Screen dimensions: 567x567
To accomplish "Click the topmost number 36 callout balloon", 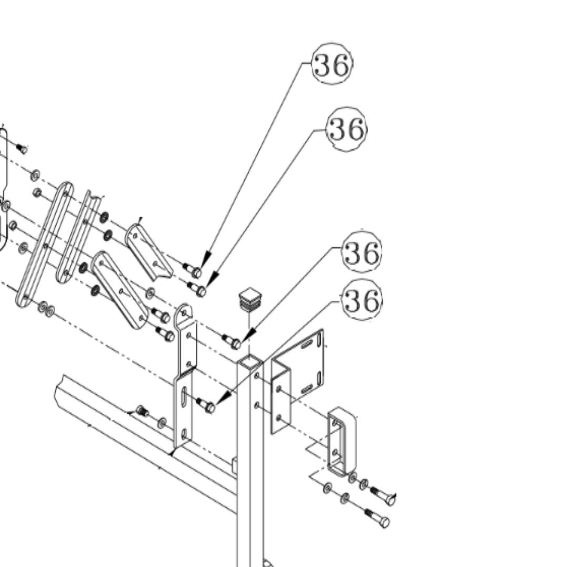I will pyautogui.click(x=332, y=65).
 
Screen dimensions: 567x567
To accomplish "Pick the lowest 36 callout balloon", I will pyautogui.click(x=362, y=301).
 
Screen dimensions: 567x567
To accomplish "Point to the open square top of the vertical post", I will pyautogui.click(x=249, y=361).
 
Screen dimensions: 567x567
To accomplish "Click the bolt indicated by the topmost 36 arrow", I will pyautogui.click(x=194, y=271).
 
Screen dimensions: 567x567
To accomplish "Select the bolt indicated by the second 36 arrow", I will pyautogui.click(x=198, y=289).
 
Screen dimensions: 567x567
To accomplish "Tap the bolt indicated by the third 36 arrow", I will pyautogui.click(x=233, y=342).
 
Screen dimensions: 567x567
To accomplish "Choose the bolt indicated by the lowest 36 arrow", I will pyautogui.click(x=206, y=405).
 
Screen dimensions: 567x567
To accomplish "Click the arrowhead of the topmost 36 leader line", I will pyautogui.click(x=205, y=260).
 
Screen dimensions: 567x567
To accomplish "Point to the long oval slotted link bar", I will pyautogui.click(x=45, y=244).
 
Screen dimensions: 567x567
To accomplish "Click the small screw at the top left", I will pyautogui.click(x=22, y=149).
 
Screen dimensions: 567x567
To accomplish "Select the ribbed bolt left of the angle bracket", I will pyautogui.click(x=141, y=411).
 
